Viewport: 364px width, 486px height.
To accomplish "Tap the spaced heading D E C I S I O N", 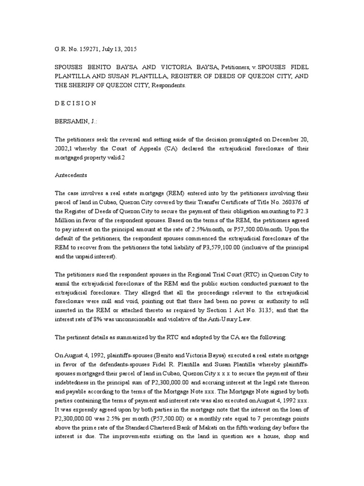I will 75,103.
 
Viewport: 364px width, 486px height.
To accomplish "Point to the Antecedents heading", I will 71,175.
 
